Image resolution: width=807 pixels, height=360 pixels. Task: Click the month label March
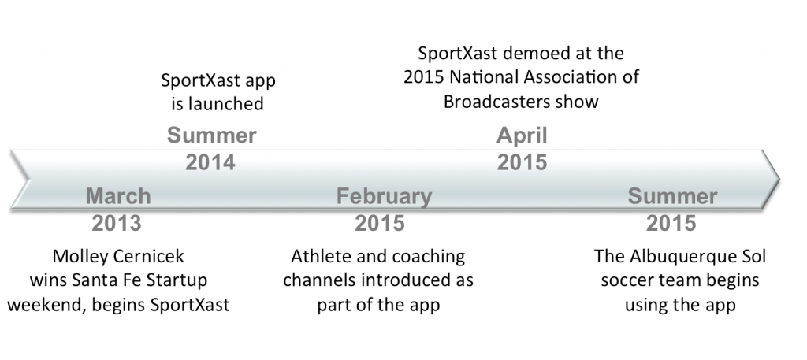pos(118,196)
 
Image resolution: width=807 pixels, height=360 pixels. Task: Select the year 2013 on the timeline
pos(117,223)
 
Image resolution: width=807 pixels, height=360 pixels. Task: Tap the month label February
pos(384,196)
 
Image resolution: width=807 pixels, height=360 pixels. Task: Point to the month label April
pos(522,136)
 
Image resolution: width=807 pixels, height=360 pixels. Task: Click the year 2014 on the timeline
pos(210,162)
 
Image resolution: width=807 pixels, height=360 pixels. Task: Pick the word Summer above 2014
pos(211,135)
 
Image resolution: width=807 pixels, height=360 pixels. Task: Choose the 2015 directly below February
pos(380,223)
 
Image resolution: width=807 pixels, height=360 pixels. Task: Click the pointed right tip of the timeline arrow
pos(779,180)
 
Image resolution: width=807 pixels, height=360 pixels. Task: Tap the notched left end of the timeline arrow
pos(28,180)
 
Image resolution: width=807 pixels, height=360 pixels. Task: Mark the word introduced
pos(403,280)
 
